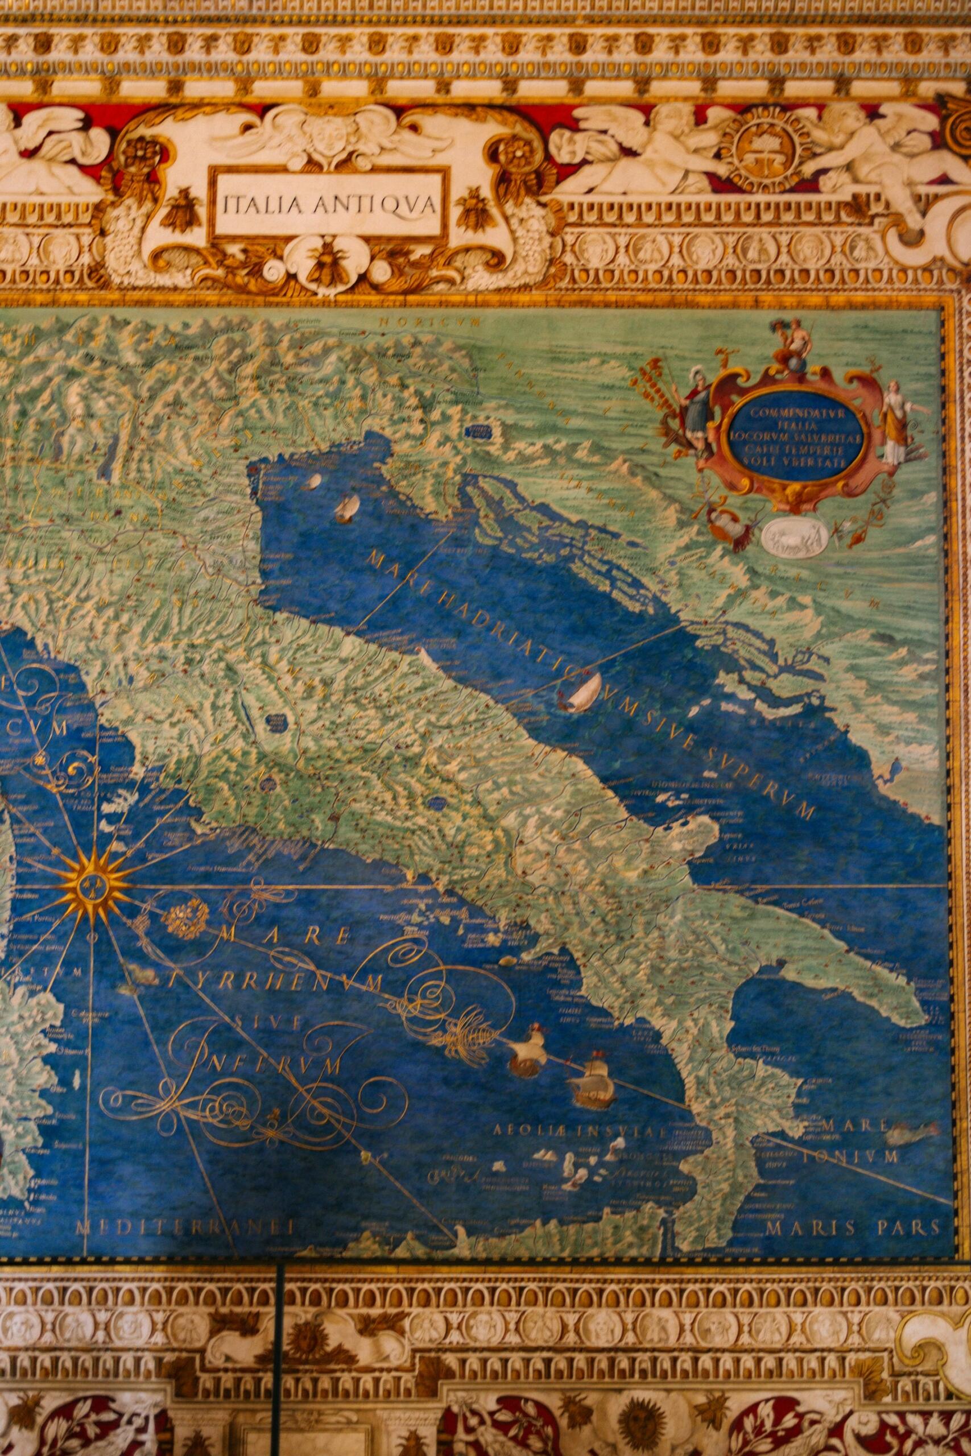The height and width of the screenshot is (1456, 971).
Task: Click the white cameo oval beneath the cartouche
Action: [795, 535]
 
